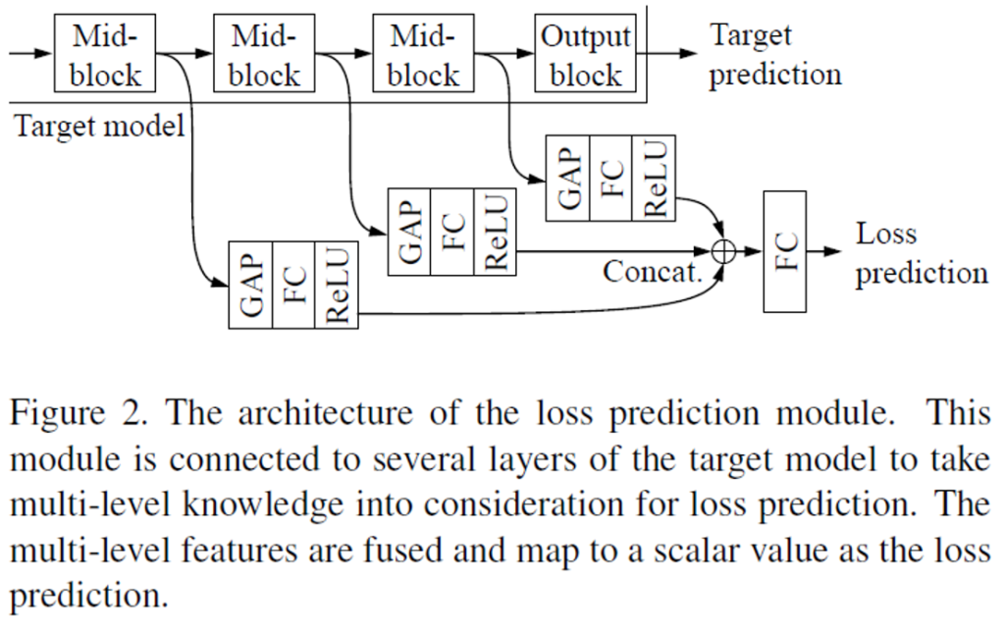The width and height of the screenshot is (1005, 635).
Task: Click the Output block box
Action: (x=586, y=56)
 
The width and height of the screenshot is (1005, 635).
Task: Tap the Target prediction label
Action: (x=774, y=56)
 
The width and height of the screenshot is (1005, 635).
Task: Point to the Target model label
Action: (x=98, y=126)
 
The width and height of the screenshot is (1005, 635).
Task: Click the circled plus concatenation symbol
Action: (x=723, y=251)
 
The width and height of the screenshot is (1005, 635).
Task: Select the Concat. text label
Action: (x=654, y=271)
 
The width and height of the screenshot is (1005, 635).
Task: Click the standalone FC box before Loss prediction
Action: (x=784, y=251)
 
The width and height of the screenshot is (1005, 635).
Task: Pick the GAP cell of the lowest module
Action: (x=249, y=284)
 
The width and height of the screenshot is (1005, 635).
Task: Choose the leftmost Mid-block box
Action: (x=106, y=56)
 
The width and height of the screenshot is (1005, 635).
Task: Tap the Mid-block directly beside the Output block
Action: (x=424, y=56)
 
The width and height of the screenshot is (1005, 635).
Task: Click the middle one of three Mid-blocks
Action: (x=265, y=56)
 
